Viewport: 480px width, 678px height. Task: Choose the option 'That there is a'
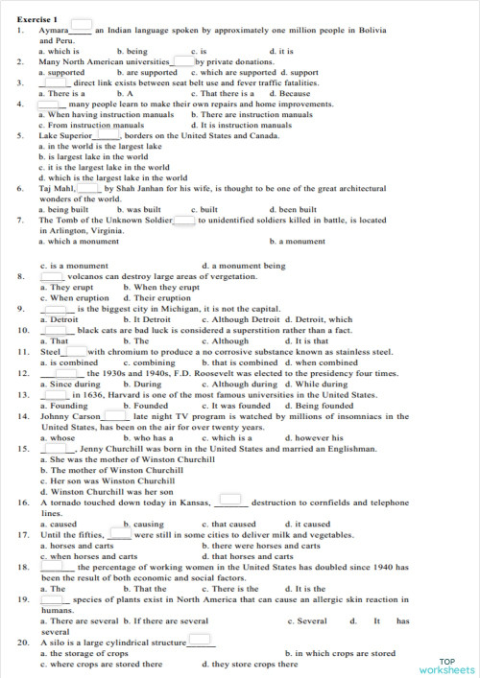pyautogui.click(x=227, y=94)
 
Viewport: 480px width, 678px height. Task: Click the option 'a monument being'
pyautogui.click(x=247, y=265)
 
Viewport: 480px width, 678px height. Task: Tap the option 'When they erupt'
pyautogui.click(x=161, y=287)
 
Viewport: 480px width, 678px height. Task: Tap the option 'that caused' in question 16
pyautogui.click(x=232, y=525)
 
